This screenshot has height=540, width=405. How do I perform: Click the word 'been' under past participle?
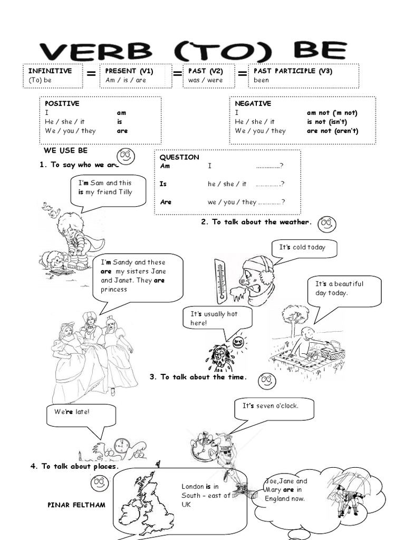(261, 80)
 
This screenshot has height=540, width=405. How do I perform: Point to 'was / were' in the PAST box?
(205, 80)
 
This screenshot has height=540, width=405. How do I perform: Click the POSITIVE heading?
(62, 104)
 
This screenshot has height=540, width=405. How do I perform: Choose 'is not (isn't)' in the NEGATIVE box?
(332, 122)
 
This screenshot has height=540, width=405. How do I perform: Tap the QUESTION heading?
(179, 157)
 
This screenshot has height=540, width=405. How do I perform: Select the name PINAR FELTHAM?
(76, 505)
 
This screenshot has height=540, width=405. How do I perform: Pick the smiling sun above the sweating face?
(239, 342)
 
